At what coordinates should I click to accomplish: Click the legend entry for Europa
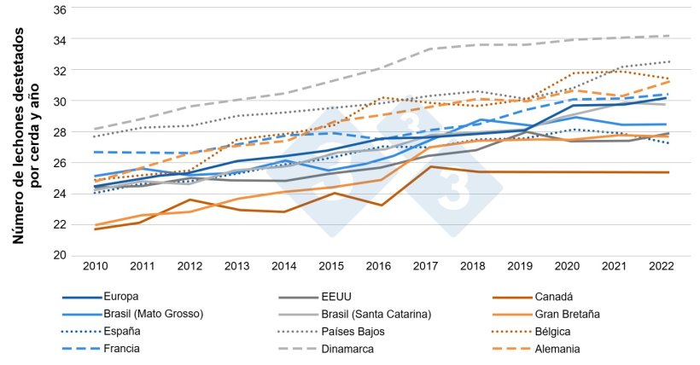121,298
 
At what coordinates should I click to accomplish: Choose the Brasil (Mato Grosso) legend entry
153,315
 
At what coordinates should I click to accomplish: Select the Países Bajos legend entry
351,332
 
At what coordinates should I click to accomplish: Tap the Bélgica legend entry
554,332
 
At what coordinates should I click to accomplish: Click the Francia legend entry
123,349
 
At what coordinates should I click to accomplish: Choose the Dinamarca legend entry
347,349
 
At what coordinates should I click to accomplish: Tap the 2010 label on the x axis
94,266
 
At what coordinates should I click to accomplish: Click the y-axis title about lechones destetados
26,135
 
